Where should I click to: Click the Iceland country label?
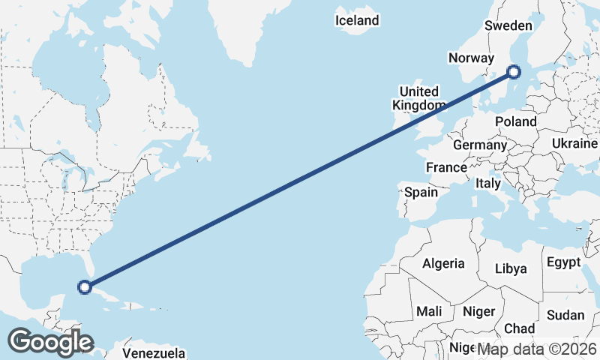click(357, 20)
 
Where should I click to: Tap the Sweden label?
click(508, 25)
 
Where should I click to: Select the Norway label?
click(471, 58)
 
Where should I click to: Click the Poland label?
click(516, 121)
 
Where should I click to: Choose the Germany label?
click(481, 145)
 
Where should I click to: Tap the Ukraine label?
click(575, 143)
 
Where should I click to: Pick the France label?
click(447, 166)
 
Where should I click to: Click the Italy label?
click(488, 183)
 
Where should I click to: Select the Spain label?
click(421, 192)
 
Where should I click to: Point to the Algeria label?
click(443, 263)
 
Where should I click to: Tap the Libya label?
click(511, 268)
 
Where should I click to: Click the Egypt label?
click(563, 262)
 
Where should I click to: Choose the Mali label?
click(430, 310)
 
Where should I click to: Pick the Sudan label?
click(565, 315)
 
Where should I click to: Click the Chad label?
click(519, 328)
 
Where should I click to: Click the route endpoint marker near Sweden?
click(514, 72)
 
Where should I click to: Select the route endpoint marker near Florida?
click(85, 286)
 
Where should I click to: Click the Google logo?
click(50, 342)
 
